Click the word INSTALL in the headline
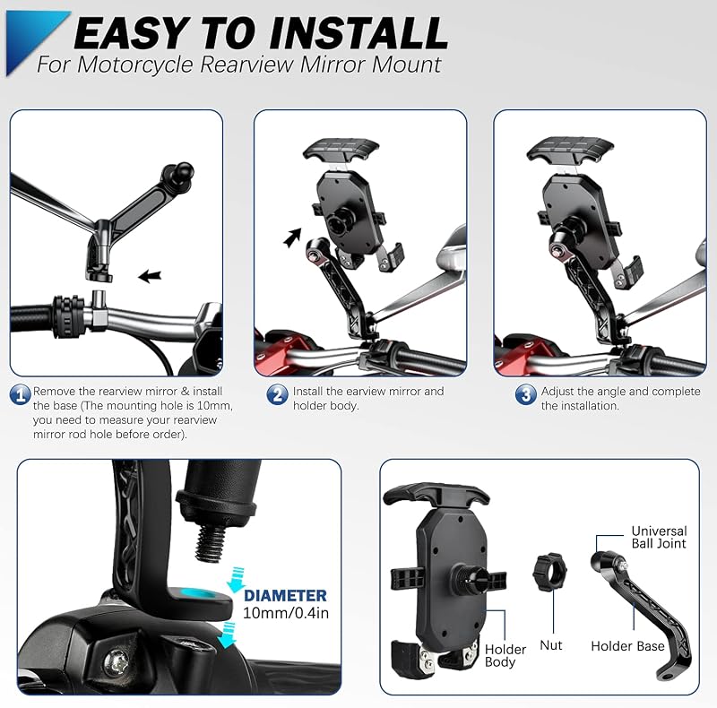358,33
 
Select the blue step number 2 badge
278,394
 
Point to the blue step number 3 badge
526,394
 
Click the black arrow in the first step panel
150,276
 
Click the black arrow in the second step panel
292,237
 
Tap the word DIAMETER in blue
285,595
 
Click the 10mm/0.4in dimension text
285,613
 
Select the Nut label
551,645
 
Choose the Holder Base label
627,646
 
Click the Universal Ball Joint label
659,537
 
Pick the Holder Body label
505,655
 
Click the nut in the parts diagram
549,572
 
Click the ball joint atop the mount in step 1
182,170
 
